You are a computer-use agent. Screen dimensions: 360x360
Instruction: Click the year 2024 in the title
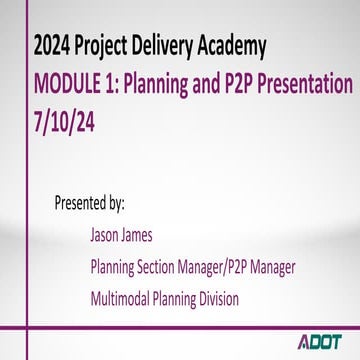coord(52,45)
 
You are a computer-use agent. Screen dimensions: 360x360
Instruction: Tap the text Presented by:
coord(89,204)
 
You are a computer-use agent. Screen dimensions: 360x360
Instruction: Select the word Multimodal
coord(125,298)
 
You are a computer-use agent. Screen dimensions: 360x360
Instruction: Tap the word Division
coord(241,298)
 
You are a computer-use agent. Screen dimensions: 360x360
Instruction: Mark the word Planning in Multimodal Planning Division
coord(188,298)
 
